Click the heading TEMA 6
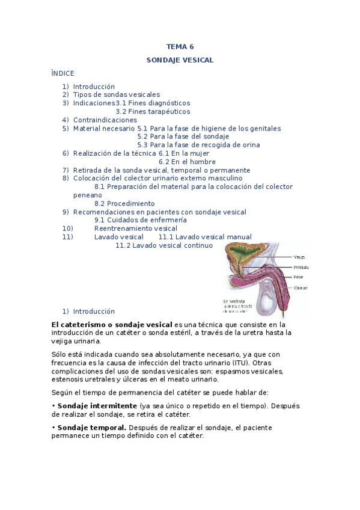pos(180,47)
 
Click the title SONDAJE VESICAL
pos(180,60)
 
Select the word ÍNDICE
pos(63,73)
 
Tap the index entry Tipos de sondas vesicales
pos(116,94)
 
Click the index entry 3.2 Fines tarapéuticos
pos(153,111)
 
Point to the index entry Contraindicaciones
pos(105,120)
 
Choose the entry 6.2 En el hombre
pos(187,162)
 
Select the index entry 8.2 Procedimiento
pos(124,203)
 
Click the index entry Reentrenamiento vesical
pos(136,229)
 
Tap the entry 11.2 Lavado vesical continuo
pos(164,245)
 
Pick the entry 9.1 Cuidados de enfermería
pos(141,220)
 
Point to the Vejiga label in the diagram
pos(300,256)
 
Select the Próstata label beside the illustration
pos(302,266)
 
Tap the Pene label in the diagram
pos(299,277)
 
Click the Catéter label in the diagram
pos(301,288)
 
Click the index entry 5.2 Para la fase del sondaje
pos(174,137)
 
